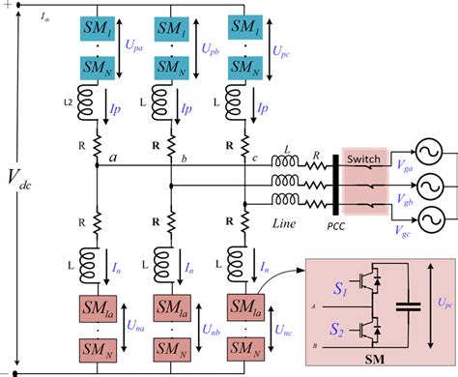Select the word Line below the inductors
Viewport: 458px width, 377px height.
click(287, 222)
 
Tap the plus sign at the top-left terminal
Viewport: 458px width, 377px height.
click(8, 7)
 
